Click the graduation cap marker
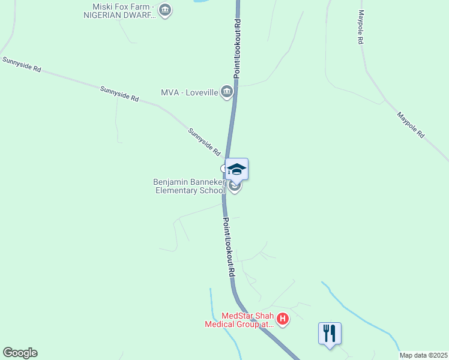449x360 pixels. [237, 169]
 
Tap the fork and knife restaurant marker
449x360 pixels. [330, 333]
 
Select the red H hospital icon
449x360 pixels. [283, 319]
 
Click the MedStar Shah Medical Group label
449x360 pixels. [239, 320]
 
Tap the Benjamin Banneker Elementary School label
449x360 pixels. [189, 186]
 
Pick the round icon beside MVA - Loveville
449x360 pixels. [227, 92]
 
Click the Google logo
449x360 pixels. [20, 353]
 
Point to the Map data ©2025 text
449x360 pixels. [423, 355]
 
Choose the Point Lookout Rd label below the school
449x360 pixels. [229, 247]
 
